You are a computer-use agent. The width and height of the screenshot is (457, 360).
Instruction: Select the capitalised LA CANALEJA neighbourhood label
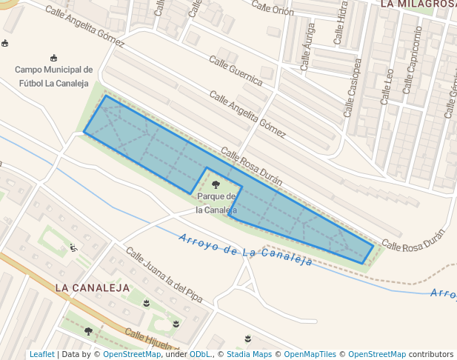tap(93, 287)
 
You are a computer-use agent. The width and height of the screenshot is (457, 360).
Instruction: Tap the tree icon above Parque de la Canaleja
tap(216, 184)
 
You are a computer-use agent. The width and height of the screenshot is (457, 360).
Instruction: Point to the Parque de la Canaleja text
tap(216, 202)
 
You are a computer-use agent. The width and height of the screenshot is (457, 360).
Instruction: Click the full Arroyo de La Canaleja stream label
tap(245, 252)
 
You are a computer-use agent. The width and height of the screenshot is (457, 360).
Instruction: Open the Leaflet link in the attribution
tap(41, 354)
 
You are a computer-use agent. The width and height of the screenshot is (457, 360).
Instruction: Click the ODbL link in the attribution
tap(200, 354)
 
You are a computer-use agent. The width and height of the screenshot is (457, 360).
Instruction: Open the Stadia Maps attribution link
tap(249, 354)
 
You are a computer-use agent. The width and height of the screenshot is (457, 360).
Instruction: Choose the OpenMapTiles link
tap(310, 354)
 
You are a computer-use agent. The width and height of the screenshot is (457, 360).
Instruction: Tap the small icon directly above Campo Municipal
tap(53, 58)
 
